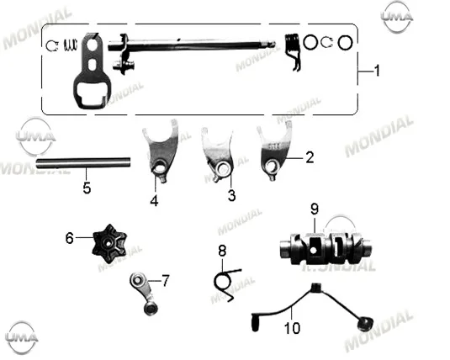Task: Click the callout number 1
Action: click(x=377, y=71)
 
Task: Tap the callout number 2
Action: click(x=310, y=157)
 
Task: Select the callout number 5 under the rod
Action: click(x=87, y=188)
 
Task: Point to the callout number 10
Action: click(x=292, y=328)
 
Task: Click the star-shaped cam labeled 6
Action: click(x=109, y=244)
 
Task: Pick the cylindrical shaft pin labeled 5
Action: click(x=83, y=163)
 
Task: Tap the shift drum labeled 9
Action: click(x=326, y=248)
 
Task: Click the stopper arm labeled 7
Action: click(x=144, y=293)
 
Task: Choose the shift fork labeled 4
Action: click(x=161, y=151)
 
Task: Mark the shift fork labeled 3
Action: click(x=218, y=154)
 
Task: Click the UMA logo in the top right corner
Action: click(x=397, y=17)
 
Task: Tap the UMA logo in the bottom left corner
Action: click(x=22, y=337)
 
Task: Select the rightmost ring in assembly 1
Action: click(x=345, y=43)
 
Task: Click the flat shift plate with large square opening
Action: click(x=92, y=71)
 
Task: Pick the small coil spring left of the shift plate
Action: click(x=70, y=45)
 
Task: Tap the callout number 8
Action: click(x=222, y=251)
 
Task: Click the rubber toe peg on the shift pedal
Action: click(x=255, y=322)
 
